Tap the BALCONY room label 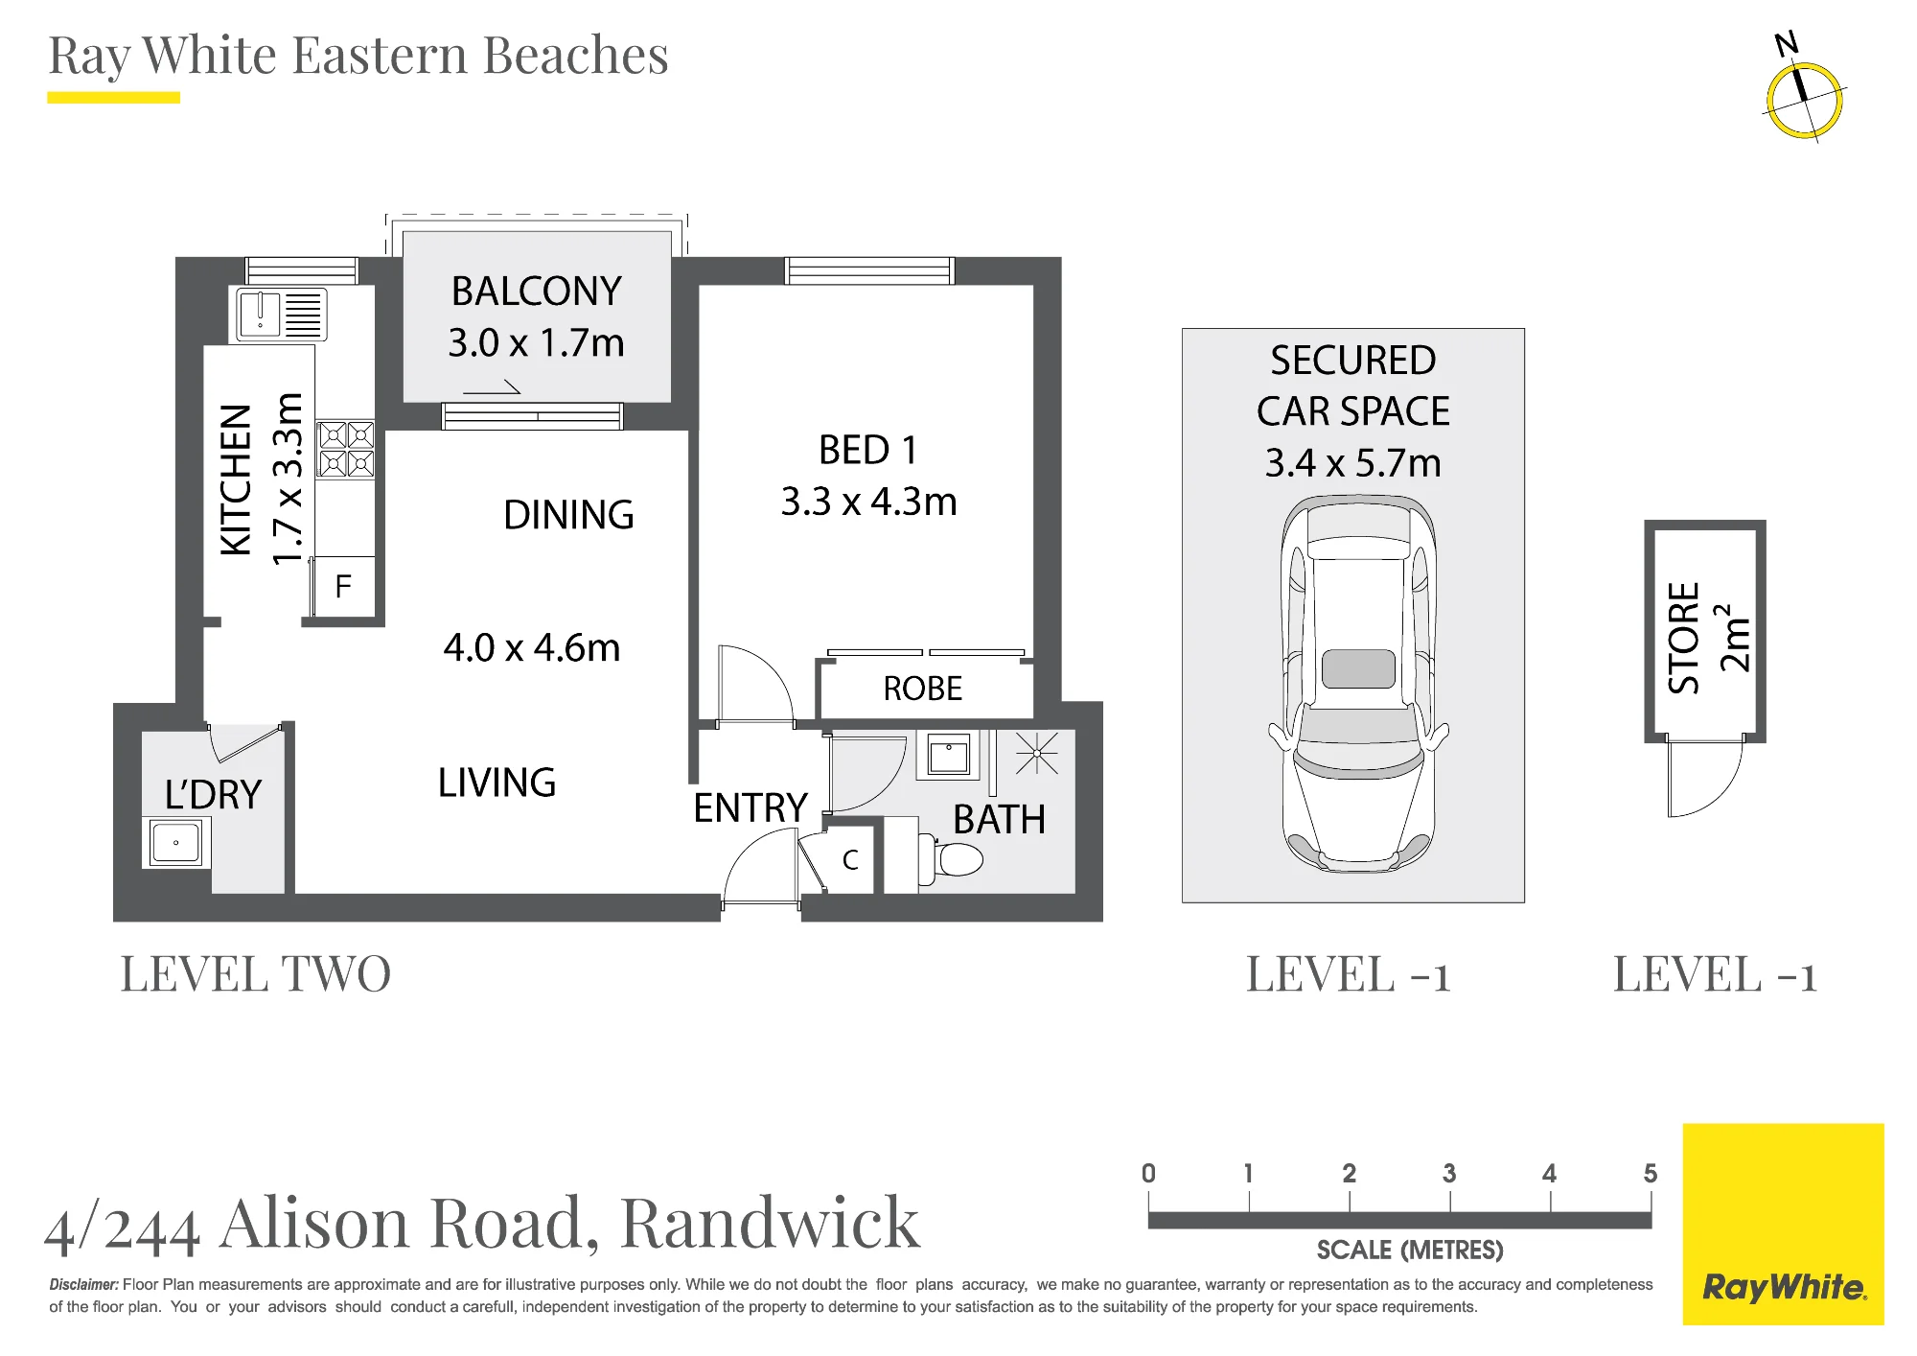(536, 292)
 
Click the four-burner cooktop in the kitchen (346, 450)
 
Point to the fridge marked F (343, 586)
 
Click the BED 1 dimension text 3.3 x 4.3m (868, 502)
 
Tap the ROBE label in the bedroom (922, 689)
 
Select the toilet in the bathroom (951, 858)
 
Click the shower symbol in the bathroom (1036, 754)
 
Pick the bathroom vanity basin (949, 755)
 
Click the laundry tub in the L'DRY (176, 843)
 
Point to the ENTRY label (751, 808)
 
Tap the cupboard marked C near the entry (848, 859)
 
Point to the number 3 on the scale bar (1449, 1173)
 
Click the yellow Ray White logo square (1783, 1225)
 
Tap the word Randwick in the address (770, 1223)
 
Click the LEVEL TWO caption (256, 974)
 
